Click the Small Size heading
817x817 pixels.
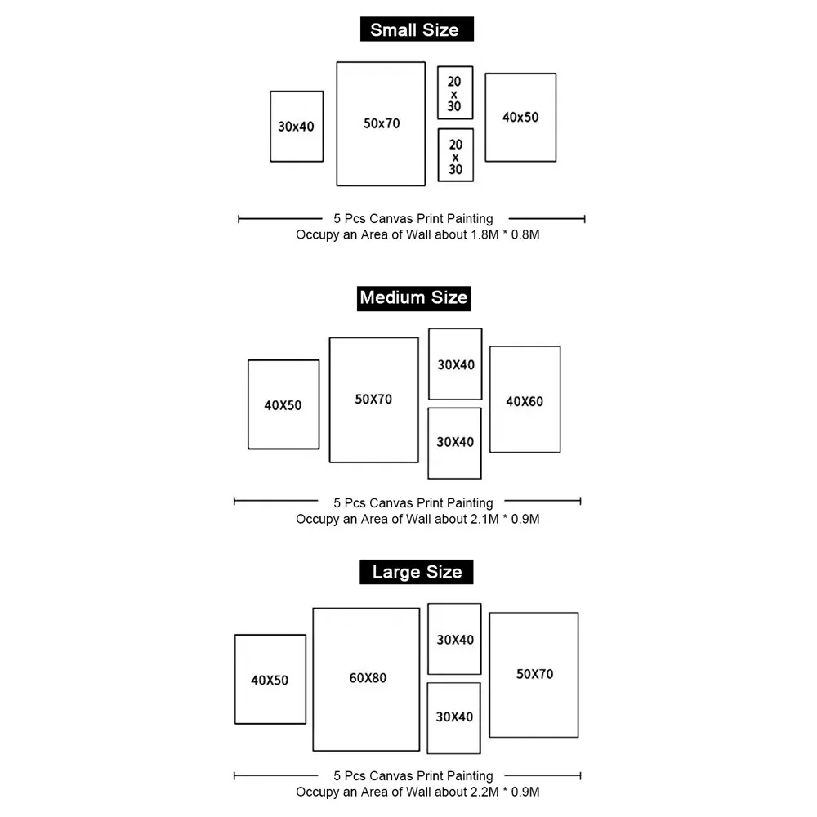(417, 29)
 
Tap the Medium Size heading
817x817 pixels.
(413, 298)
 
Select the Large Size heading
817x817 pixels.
(417, 572)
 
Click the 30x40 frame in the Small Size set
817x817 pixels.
(271, 127)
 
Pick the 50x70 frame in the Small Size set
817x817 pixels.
(337, 124)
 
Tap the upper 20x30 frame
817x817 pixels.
(438, 93)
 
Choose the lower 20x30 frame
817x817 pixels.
(438, 155)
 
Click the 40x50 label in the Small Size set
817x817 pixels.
(520, 117)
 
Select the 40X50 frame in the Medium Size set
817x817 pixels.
(248, 404)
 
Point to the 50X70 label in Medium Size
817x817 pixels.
(373, 400)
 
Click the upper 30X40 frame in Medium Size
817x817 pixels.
(430, 364)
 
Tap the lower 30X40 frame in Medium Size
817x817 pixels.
(429, 444)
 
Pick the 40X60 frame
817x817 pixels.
(490, 400)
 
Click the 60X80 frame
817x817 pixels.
(314, 680)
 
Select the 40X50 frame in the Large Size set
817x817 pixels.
(235, 680)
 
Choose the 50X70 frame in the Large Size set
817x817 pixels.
(489, 675)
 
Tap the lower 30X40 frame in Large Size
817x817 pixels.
(428, 718)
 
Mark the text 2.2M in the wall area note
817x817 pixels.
(484, 792)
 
